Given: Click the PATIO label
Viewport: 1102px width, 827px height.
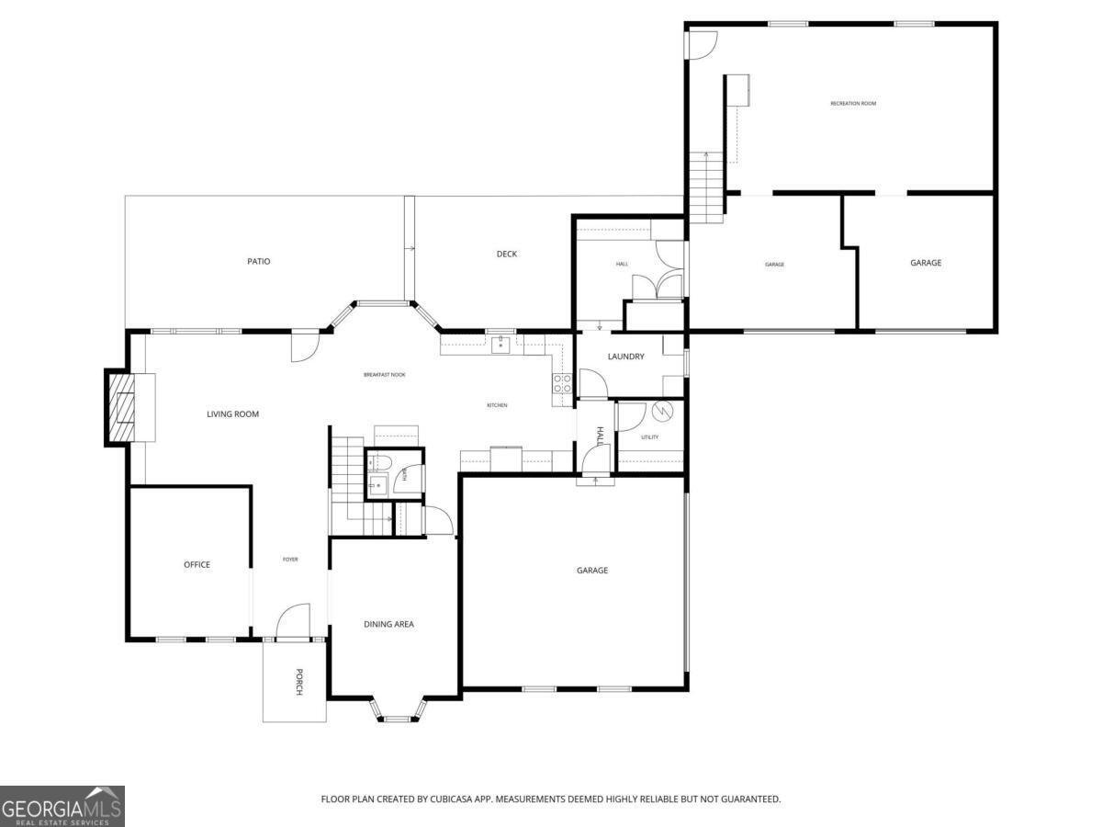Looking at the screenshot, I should pos(258,262).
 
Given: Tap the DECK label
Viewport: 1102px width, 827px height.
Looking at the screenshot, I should pos(507,255).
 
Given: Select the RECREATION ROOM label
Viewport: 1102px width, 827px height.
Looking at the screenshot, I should pos(853,104).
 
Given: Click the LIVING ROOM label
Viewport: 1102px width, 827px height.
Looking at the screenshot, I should pos(232,414).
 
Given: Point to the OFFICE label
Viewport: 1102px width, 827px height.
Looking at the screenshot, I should pos(197,565).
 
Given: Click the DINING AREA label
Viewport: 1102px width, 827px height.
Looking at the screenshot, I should pos(388,625).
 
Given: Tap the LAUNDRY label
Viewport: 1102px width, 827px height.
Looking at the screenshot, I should pos(625,357).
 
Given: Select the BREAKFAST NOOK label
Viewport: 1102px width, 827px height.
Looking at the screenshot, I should pos(384,375).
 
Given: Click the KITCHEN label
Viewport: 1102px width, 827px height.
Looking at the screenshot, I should pos(497,405).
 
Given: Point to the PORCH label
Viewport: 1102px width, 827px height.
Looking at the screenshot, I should pos(298,681).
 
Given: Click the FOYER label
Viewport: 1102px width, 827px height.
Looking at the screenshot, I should pos(290,560).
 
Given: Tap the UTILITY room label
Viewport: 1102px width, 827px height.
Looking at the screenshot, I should pos(650,437).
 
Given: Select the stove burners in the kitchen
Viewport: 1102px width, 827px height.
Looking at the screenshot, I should pos(562,384).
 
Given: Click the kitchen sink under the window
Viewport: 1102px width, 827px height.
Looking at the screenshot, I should pos(500,346).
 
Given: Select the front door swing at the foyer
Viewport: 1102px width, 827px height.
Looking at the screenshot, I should pos(294,621).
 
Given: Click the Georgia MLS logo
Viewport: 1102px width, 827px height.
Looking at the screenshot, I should pos(62,806).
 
